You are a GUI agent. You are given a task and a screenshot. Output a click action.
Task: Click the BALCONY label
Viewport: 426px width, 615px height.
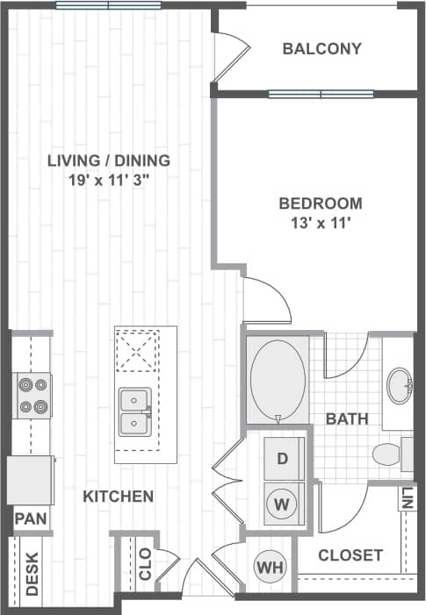[x=321, y=49]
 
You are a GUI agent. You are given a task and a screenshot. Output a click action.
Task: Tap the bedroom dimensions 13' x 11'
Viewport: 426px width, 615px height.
[x=320, y=223]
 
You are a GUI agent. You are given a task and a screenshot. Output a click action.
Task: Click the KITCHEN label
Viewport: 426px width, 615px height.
[x=118, y=497]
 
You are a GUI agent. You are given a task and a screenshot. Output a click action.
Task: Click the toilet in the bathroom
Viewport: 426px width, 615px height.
[x=389, y=454]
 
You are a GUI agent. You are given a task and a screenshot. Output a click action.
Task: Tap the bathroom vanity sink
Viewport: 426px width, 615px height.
[x=400, y=386]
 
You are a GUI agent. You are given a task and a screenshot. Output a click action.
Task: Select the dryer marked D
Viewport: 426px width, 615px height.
[x=282, y=458]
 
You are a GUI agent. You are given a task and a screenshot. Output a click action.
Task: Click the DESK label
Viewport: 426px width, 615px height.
[x=32, y=574]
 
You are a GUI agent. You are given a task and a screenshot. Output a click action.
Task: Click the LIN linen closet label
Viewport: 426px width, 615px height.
[x=407, y=499]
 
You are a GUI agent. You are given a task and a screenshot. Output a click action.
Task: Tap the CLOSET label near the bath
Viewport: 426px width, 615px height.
[x=350, y=555]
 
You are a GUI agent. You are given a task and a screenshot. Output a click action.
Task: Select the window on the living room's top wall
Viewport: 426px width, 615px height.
[x=108, y=5]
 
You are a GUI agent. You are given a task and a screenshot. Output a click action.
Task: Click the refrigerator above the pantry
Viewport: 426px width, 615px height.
[x=30, y=480]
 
